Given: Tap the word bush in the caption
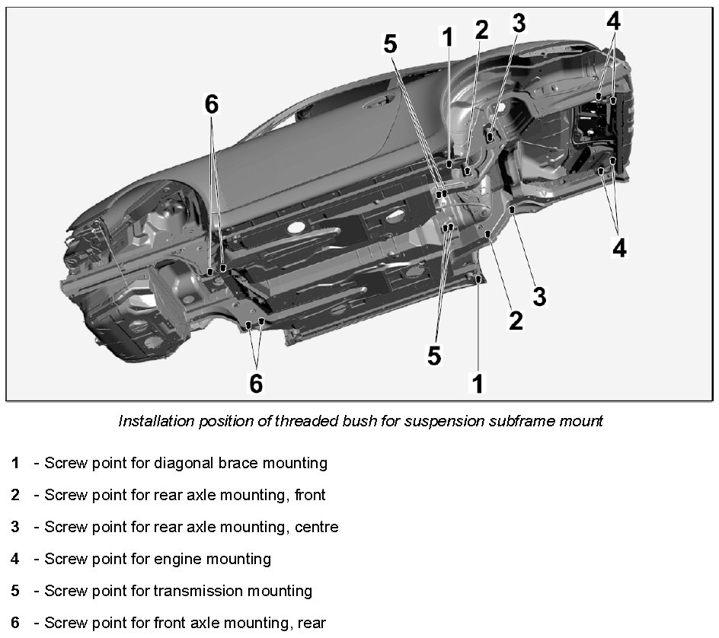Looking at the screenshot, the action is click(340, 421).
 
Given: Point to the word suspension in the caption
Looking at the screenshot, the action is click(411, 421).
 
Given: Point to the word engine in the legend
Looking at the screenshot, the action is click(177, 559).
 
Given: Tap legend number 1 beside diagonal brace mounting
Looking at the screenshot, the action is click(15, 463).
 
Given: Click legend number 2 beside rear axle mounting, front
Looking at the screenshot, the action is click(15, 495).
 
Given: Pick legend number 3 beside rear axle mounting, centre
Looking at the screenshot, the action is click(15, 527).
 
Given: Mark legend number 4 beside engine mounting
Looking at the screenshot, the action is click(15, 559).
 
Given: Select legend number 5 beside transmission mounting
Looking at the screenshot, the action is click(15, 591).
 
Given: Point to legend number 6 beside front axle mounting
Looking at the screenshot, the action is click(15, 623).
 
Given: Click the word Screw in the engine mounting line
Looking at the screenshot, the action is click(65, 559).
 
